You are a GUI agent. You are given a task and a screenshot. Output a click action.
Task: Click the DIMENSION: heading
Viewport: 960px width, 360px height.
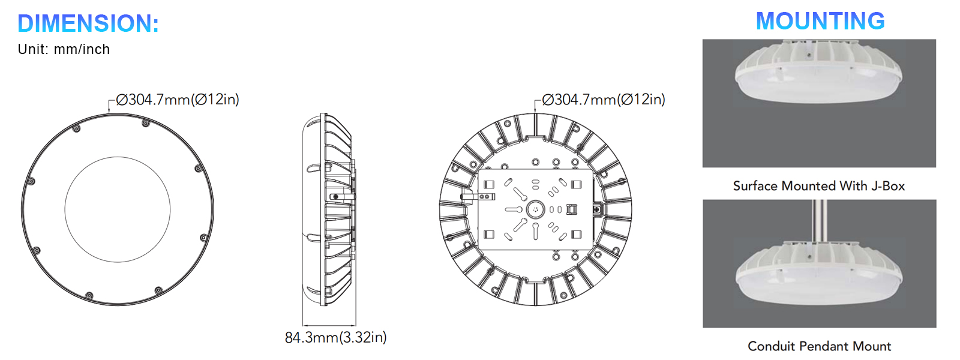coord(88,23)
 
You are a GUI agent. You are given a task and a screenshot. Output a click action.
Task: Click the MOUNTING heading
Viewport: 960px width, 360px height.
coord(820,21)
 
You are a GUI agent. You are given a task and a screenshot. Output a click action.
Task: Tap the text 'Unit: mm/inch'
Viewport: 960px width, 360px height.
coord(64,49)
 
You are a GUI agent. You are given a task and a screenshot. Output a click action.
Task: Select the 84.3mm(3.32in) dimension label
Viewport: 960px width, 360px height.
coord(335,337)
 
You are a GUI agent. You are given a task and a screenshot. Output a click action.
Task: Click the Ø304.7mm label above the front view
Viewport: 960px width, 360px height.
coord(178,100)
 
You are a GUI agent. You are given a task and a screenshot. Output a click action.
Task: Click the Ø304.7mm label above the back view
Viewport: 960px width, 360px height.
coord(604,100)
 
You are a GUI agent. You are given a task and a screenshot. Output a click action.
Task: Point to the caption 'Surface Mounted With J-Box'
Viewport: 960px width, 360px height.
coord(818,186)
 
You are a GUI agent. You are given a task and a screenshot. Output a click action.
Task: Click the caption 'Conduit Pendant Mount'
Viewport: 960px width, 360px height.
coord(819,346)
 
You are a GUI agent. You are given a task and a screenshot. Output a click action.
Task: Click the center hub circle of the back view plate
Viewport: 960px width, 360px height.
coord(535,209)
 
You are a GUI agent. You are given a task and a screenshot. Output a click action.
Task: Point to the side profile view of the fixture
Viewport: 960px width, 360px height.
coord(329,210)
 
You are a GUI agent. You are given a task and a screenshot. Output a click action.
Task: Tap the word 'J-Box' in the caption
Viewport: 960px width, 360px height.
coord(888,186)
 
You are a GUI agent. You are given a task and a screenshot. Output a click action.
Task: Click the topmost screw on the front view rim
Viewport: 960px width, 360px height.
coord(145,124)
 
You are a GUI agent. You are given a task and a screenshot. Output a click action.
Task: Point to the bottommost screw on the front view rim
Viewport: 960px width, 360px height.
coord(89,296)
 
